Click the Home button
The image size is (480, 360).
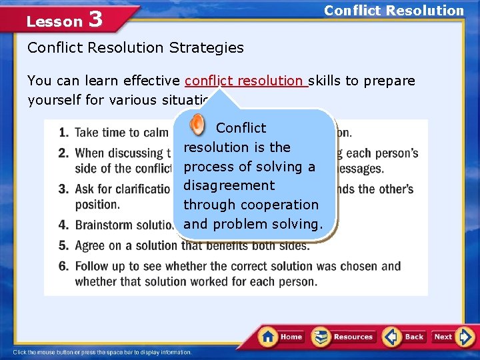tap(282, 337)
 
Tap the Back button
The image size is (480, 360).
tap(405, 337)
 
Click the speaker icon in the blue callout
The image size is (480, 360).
tap(197, 125)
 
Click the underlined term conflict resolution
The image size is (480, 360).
tap(245, 81)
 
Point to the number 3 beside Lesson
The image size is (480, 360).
tap(95, 19)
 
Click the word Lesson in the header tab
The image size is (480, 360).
tap(54, 21)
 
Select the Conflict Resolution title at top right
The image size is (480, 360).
tap(393, 11)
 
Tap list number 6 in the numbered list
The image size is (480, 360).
tap(63, 266)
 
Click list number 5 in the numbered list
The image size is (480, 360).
tap(63, 246)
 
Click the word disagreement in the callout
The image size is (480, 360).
tap(229, 185)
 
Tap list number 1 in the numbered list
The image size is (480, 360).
tap(63, 133)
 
